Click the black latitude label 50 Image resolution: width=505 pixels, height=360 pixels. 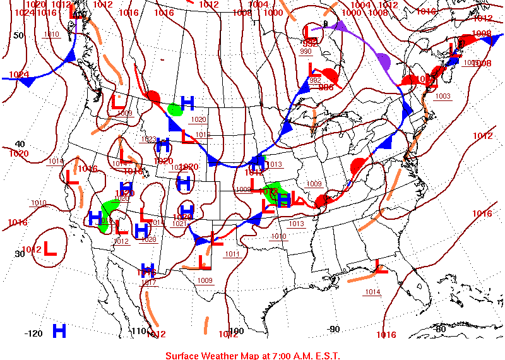19,35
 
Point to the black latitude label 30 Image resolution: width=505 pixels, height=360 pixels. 19,253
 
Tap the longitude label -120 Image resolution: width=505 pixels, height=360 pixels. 33,333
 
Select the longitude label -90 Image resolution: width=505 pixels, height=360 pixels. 333,328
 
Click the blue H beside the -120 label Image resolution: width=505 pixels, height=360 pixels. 59,330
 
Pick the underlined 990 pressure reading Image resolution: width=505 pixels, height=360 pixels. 306,51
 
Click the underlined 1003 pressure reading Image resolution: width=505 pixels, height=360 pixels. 443,96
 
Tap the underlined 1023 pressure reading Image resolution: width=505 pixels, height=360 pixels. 148,139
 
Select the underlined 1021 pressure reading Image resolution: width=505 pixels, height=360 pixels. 179,223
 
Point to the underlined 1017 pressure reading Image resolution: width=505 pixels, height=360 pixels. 149,282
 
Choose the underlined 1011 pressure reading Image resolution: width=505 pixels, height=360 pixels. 232,254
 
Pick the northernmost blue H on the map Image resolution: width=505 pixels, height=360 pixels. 187,102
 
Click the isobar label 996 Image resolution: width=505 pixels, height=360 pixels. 326,87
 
